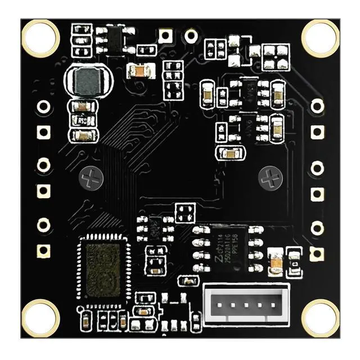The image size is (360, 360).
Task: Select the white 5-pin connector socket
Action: tap(246, 307)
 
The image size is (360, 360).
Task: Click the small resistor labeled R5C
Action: tap(83, 120)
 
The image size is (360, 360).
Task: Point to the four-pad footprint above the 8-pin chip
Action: tap(184, 213)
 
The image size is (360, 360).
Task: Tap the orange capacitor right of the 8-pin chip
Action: tap(276, 261)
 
